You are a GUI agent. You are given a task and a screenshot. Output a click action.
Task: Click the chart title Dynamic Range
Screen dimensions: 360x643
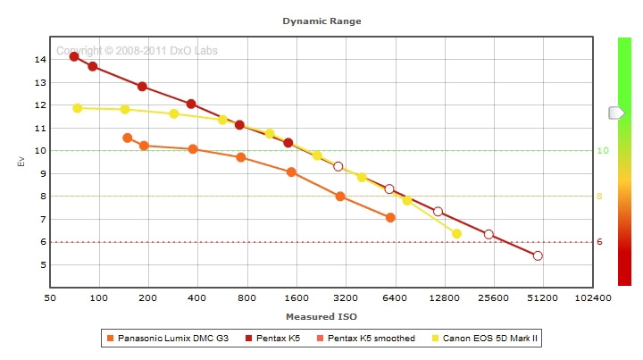click(x=321, y=21)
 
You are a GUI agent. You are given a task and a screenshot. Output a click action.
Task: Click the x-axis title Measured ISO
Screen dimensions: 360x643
click(x=321, y=316)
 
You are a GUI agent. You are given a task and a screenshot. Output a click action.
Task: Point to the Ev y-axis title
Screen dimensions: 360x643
click(x=20, y=162)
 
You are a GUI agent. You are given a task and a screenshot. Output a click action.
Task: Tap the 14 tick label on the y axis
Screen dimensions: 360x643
click(x=40, y=60)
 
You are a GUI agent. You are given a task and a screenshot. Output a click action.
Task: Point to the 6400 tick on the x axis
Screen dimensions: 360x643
click(x=395, y=297)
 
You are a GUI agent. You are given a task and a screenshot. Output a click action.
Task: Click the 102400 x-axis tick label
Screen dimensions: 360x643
click(x=593, y=297)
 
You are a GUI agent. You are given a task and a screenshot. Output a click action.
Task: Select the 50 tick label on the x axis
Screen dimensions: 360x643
click(x=50, y=297)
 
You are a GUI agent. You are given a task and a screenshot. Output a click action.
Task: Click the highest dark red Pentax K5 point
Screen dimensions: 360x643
click(x=74, y=56)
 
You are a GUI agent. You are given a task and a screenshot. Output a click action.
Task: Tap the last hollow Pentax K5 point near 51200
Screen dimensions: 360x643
click(x=538, y=255)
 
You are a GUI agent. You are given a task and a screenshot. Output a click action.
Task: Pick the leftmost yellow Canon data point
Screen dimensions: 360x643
click(x=78, y=108)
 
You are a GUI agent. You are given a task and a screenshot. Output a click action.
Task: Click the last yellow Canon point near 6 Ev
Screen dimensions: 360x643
click(x=456, y=234)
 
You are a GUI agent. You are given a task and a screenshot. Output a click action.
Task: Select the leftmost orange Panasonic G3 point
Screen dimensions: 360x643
click(x=128, y=138)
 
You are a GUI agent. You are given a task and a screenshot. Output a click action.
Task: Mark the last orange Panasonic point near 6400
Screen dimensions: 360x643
click(x=390, y=217)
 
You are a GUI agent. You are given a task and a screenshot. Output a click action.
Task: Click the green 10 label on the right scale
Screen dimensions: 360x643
click(x=602, y=151)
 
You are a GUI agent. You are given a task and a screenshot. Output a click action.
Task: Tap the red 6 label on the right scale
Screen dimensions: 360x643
click(x=600, y=242)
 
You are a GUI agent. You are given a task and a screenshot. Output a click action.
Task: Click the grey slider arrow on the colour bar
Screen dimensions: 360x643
click(x=616, y=113)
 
